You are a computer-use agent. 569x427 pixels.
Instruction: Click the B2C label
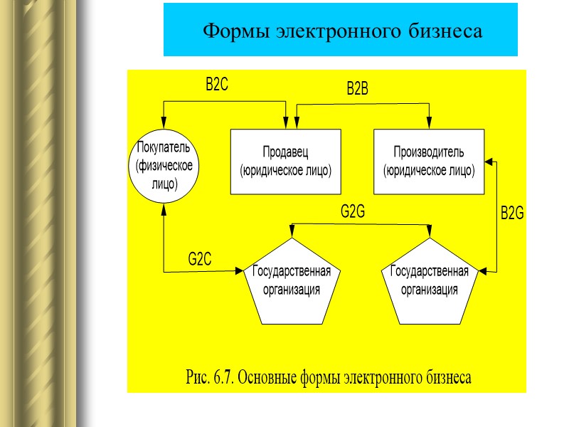[216, 85]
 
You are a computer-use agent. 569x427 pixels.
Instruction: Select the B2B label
[357, 90]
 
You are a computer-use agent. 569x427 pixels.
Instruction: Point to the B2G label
[511, 213]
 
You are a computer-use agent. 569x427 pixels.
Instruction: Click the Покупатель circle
[164, 165]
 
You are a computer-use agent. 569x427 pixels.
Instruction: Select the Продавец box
[286, 162]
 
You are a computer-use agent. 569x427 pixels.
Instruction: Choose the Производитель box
[428, 162]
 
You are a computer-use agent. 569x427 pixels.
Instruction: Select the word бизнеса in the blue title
[447, 31]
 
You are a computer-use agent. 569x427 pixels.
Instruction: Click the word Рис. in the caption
[194, 376]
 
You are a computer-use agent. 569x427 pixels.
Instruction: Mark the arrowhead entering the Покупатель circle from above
[164, 123]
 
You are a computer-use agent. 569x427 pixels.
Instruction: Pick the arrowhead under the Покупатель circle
[164, 207]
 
